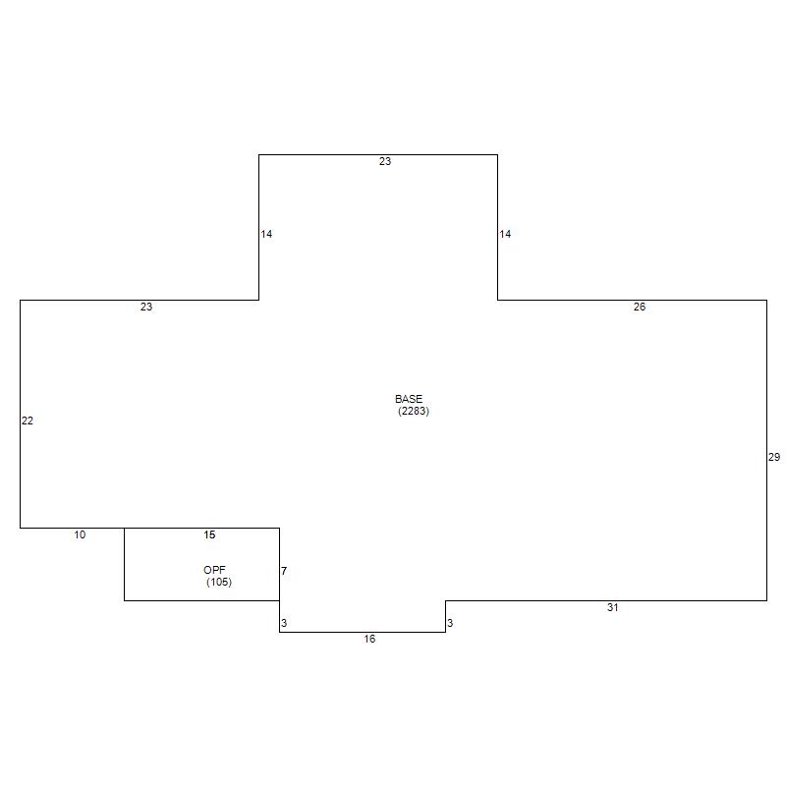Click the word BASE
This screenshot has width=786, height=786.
409,399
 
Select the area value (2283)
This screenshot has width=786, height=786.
414,411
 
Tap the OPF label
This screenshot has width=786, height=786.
214,570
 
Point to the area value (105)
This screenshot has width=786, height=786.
219,582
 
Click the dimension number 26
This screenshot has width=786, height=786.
640,307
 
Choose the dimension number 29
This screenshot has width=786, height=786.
774,457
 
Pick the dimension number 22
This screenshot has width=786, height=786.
28,421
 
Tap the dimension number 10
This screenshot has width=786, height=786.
80,534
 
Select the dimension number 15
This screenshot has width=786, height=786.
209,534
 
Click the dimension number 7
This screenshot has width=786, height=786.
284,571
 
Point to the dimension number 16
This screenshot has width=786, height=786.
369,640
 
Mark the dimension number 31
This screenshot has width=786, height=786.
612,607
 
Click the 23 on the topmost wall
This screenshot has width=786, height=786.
384,161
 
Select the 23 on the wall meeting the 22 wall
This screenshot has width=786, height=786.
145,307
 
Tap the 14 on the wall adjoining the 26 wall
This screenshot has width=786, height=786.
505,234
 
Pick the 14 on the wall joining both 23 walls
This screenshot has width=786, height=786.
266,234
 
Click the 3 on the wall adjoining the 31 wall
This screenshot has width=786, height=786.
450,623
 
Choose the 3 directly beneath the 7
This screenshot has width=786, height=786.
284,623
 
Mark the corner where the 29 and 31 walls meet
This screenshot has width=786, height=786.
767,600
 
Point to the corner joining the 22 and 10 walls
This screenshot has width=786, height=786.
20,528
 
